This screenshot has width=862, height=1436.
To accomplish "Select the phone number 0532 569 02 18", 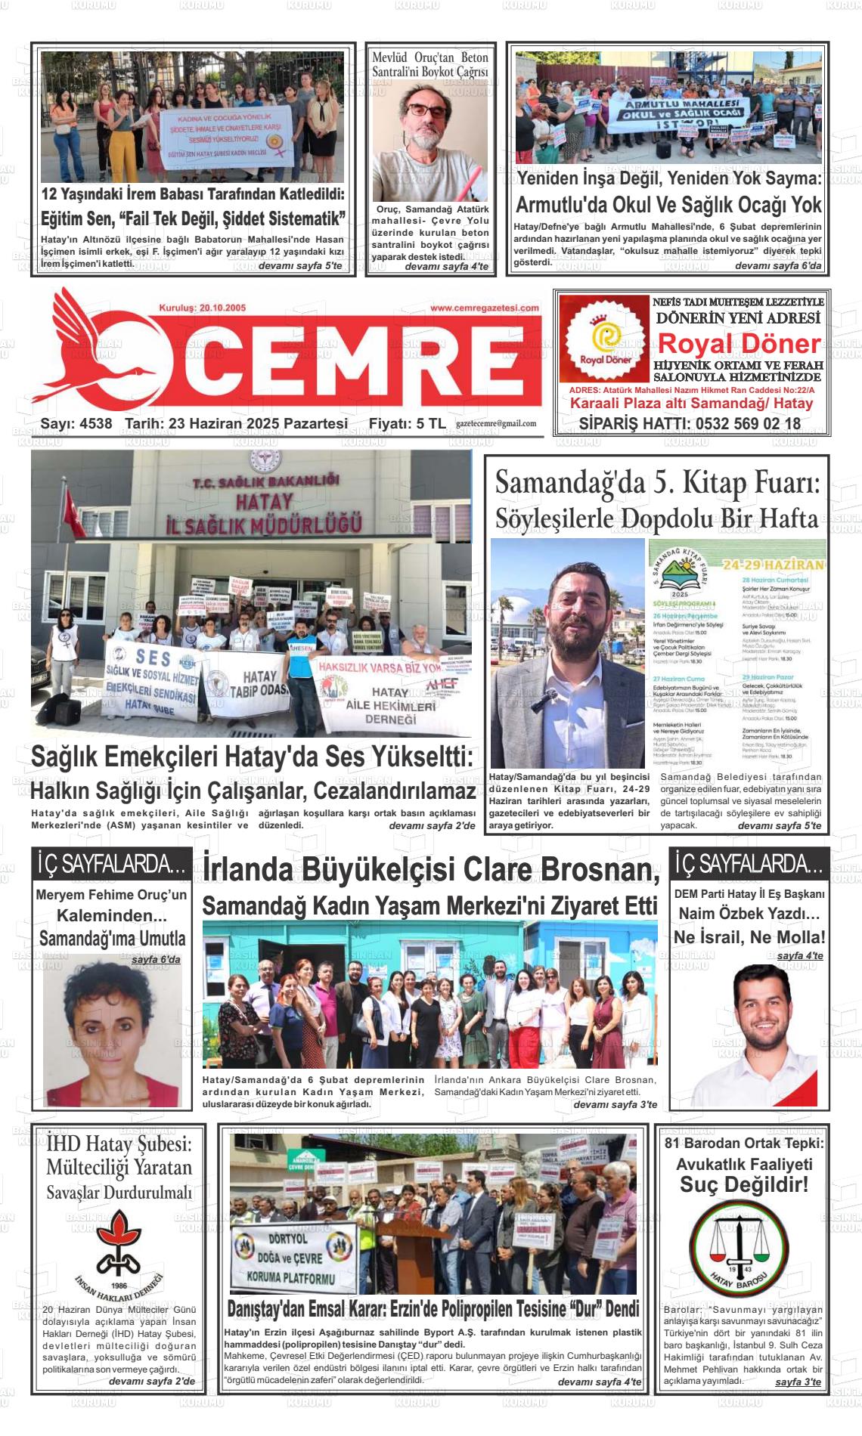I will click(x=743, y=423).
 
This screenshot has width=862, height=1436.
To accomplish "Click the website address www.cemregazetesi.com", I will click(x=484, y=308).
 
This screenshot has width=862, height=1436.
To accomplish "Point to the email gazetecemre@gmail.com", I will click(x=496, y=424).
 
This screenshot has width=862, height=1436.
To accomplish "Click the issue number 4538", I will click(x=95, y=424).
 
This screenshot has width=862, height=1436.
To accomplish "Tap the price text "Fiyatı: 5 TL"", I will click(x=407, y=424).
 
